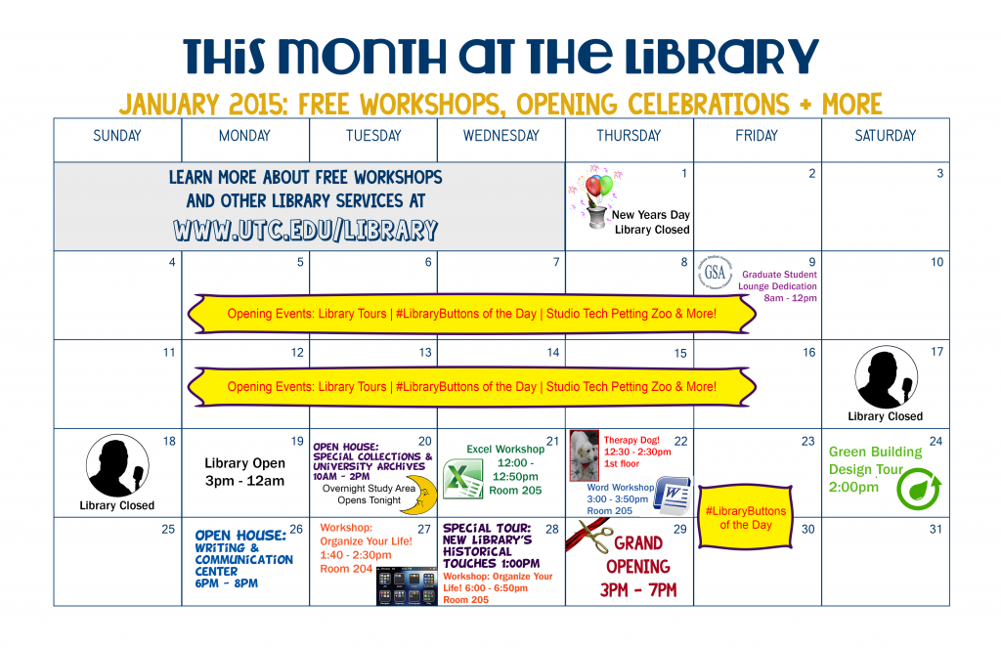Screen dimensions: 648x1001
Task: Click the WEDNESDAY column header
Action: pyautogui.click(x=500, y=136)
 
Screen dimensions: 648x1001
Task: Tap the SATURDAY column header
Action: pyautogui.click(x=885, y=136)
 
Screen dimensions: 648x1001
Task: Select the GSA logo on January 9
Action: pyautogui.click(x=715, y=274)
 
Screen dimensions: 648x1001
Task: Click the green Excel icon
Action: pyautogui.click(x=457, y=480)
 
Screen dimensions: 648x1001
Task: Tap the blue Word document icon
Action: pyautogui.click(x=672, y=493)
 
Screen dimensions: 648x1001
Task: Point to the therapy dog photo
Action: pyautogui.click(x=584, y=455)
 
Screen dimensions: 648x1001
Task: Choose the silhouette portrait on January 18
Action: pyautogui.click(x=117, y=466)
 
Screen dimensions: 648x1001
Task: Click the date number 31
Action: pyautogui.click(x=936, y=529)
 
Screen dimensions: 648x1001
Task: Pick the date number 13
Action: pyautogui.click(x=425, y=352)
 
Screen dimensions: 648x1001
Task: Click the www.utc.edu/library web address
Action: pyautogui.click(x=305, y=230)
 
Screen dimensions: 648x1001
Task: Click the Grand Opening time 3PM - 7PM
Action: pyautogui.click(x=637, y=589)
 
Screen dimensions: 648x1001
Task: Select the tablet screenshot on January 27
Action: pyautogui.click(x=405, y=586)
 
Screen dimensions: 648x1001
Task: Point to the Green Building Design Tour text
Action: pyautogui.click(x=875, y=468)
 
